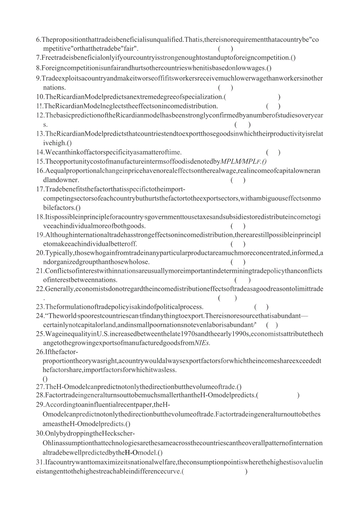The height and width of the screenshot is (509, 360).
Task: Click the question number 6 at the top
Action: pyautogui.click(x=38, y=39)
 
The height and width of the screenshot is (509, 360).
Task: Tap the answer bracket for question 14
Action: pyautogui.click(x=273, y=152)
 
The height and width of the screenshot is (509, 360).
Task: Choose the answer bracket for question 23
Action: pyautogui.click(x=261, y=307)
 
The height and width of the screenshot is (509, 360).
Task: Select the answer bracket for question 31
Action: pyautogui.click(x=215, y=471)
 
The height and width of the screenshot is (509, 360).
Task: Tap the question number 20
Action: pyautogui.click(x=40, y=253)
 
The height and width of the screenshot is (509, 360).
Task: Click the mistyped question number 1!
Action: pyautogui.click(x=39, y=106)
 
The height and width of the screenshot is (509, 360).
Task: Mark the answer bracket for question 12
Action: pyautogui.click(x=243, y=125)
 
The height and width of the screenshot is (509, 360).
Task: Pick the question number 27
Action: pyautogui.click(x=40, y=387)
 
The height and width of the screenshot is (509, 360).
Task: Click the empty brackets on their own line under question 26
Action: pyautogui.click(x=45, y=378)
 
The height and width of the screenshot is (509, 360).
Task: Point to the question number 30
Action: pyautogui.click(x=40, y=433)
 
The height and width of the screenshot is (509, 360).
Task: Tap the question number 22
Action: pyautogui.click(x=40, y=289)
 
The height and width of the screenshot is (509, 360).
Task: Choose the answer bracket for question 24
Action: pyautogui.click(x=272, y=324)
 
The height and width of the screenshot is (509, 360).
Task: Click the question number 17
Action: pyautogui.click(x=40, y=189)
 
